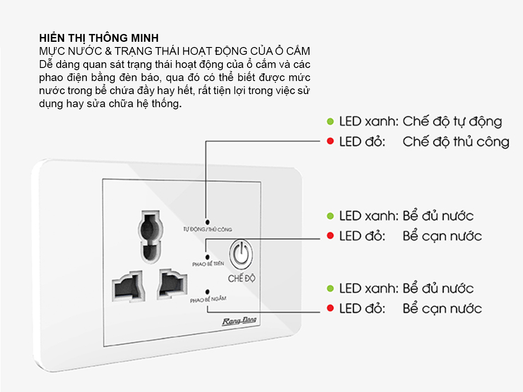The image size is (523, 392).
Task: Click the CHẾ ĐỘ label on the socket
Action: pos(241,278)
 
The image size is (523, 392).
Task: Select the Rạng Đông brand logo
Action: pos(239,321)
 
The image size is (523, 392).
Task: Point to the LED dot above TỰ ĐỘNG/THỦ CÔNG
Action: pos(207,222)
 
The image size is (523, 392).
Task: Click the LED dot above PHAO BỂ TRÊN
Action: pos(207,257)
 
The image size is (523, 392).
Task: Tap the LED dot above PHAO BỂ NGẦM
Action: pos(207,291)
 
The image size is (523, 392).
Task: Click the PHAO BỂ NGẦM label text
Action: pos(208,300)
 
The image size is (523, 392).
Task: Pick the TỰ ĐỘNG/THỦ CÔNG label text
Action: pos(207,229)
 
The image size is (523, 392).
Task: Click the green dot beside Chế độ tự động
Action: pos(330,121)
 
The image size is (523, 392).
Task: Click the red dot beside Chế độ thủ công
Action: pos(330,142)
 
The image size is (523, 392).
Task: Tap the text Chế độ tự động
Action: pos(452,121)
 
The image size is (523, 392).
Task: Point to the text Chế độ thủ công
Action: pos(455,142)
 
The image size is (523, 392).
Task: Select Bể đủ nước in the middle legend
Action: pos(438,216)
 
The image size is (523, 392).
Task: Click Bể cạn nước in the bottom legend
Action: pos(442,309)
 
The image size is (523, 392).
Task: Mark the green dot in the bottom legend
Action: pos(330,288)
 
